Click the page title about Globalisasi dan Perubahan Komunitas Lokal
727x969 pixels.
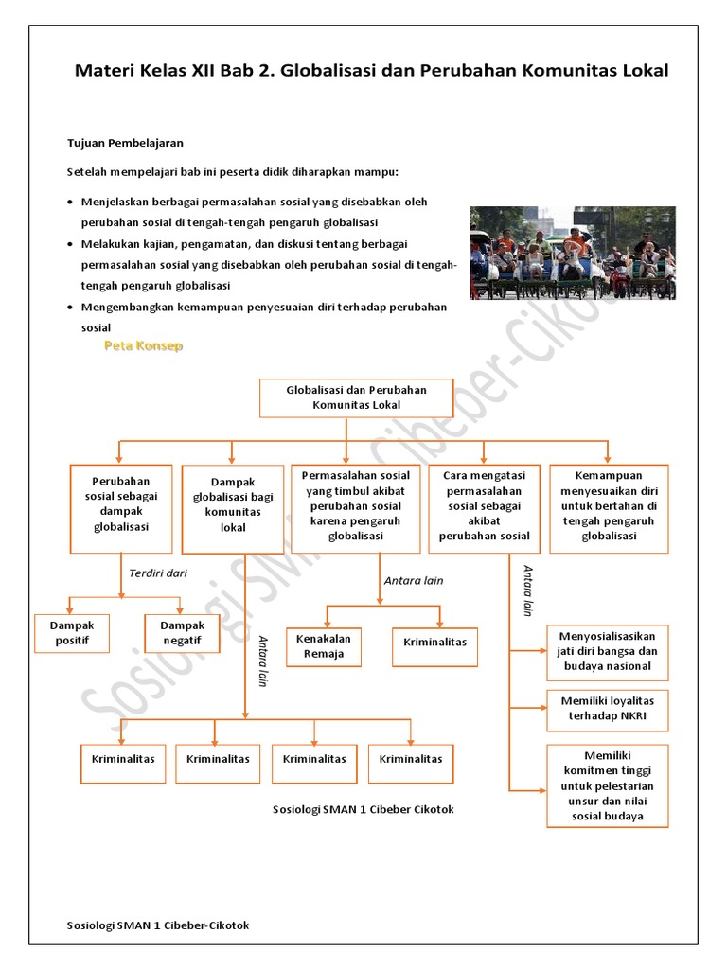pyautogui.click(x=371, y=71)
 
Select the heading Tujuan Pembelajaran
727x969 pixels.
pyautogui.click(x=125, y=143)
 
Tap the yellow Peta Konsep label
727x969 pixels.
pyautogui.click(x=143, y=346)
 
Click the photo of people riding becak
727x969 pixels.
pyautogui.click(x=573, y=253)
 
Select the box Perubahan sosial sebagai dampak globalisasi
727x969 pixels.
pyautogui.click(x=121, y=507)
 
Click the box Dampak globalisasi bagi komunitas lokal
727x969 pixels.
pyautogui.click(x=232, y=508)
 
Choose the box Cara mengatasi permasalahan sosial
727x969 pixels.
pyautogui.click(x=484, y=508)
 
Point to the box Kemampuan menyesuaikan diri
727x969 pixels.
pyautogui.click(x=609, y=508)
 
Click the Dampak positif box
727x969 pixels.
pyautogui.click(x=72, y=633)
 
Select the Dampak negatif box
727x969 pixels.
pyautogui.click(x=182, y=633)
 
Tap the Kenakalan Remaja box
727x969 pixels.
pyautogui.click(x=324, y=646)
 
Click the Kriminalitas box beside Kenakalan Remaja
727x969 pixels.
pyautogui.click(x=434, y=646)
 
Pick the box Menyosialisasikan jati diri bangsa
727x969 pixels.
pyautogui.click(x=607, y=652)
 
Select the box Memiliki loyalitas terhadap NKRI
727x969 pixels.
pyautogui.click(x=607, y=710)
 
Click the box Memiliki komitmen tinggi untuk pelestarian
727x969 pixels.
pyautogui.click(x=607, y=785)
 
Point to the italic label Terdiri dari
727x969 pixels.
pyautogui.click(x=158, y=573)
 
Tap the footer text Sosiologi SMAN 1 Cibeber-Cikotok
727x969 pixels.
pyautogui.click(x=158, y=925)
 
